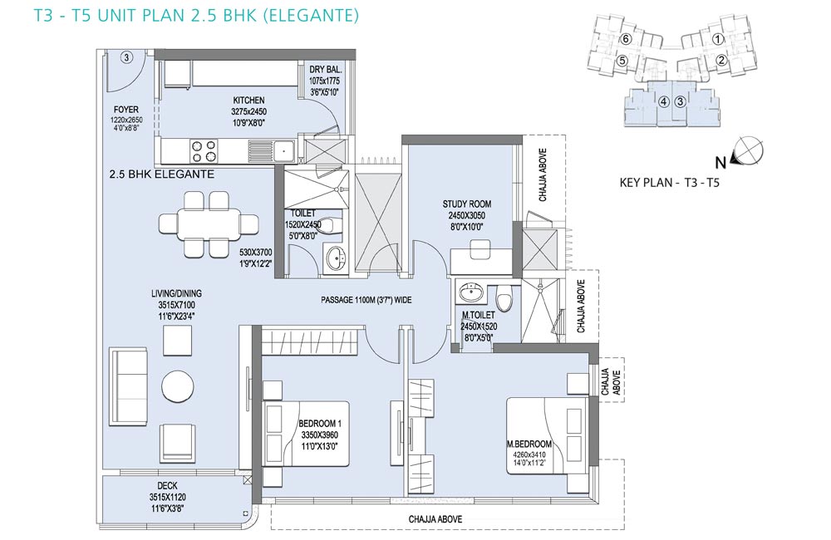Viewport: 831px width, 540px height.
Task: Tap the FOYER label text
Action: (125, 108)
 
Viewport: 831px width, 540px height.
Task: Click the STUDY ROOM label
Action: (465, 204)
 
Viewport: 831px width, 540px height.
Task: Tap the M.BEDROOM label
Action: (529, 444)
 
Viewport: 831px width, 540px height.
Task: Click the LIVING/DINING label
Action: (176, 293)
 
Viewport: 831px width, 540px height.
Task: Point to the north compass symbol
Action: (750, 150)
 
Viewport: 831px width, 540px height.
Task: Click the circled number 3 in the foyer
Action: (126, 57)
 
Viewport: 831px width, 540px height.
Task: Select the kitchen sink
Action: (284, 150)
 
